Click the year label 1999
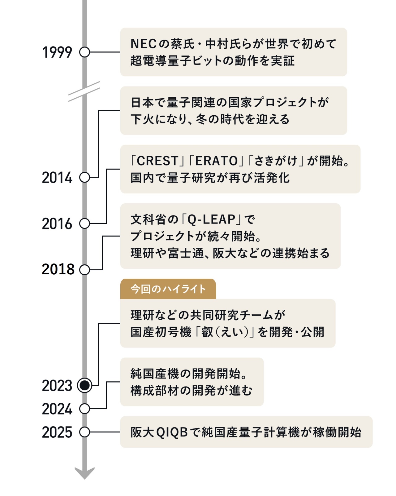coord(57,52)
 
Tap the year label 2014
coord(57,178)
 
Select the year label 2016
coord(57,224)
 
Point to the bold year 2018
coord(58,269)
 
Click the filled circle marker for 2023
coord(84,385)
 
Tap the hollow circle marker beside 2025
coord(84,432)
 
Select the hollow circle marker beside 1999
coord(84,52)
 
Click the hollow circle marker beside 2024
coord(84,409)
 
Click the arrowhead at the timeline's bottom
coord(84,473)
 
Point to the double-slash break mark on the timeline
coord(84,91)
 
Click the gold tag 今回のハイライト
coord(168,289)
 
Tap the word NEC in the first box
coord(143,44)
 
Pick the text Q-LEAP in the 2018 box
coord(212,219)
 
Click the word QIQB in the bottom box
coord(172,432)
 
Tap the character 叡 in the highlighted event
coord(207,332)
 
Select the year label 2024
coord(57,409)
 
